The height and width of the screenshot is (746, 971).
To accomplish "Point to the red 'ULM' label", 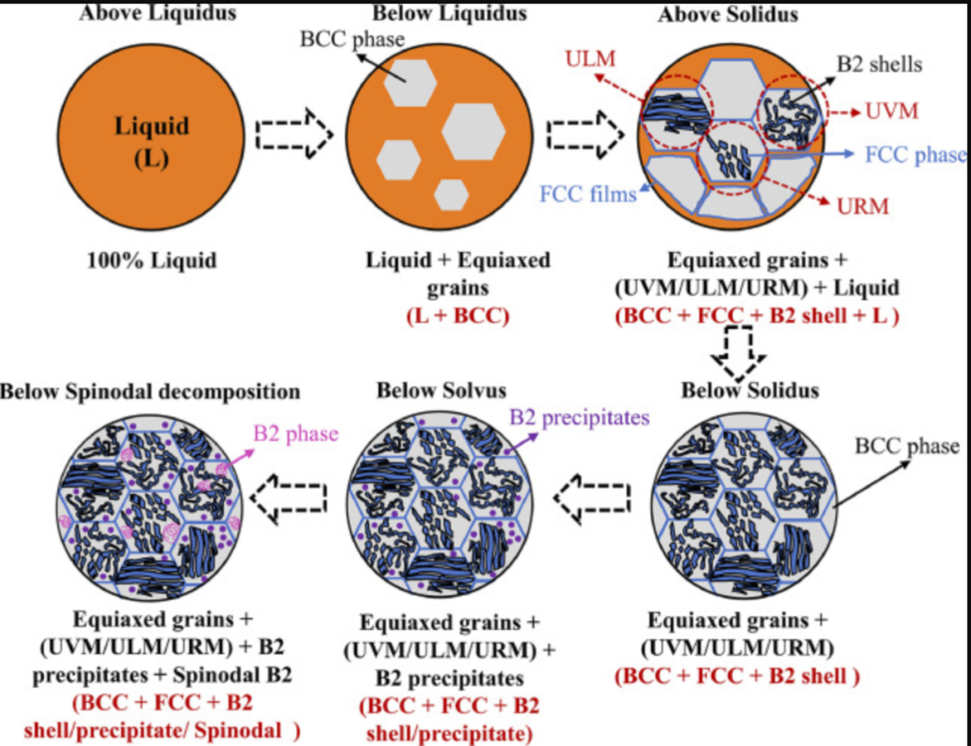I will coord(591,59).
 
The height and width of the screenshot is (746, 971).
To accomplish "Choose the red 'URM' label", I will coord(862,207).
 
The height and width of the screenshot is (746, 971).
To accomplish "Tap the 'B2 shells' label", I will coord(879,64).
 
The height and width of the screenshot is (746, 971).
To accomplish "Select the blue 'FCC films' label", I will coord(588,192).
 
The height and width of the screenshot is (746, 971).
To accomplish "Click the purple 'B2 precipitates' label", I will coord(580,418).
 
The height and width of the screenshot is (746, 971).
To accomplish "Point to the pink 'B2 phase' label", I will coord(295,434).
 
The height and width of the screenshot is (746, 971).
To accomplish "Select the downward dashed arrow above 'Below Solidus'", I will coord(738,356).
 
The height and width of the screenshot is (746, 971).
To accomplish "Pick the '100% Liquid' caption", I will coord(151,261).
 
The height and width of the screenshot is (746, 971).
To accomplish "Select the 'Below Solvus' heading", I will coord(441,390).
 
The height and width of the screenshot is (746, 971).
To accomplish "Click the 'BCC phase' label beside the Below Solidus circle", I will coord(906,446).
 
